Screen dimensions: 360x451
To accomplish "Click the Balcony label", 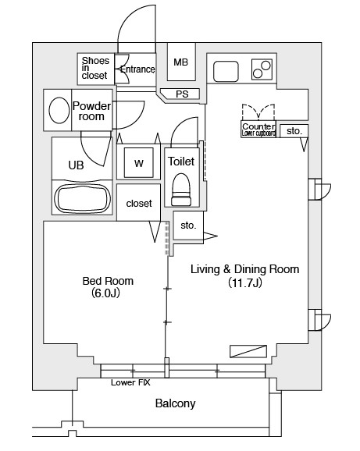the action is tap(175, 403).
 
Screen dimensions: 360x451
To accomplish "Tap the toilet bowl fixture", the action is tap(181, 190).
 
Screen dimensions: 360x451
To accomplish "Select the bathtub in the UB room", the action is tap(82, 198).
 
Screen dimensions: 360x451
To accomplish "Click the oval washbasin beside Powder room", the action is tap(59, 110).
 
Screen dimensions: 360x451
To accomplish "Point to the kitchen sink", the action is tap(226, 71).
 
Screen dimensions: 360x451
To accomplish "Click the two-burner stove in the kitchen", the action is tap(262, 69).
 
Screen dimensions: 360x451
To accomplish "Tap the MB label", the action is tap(180, 62).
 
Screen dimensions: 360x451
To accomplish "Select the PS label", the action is tap(182, 94).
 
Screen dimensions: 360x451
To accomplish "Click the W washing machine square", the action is tap(139, 163).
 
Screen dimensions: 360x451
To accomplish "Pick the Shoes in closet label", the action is tap(95, 68).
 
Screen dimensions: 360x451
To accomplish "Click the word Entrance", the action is tap(137, 69).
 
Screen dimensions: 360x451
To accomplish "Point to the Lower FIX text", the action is tap(130, 382).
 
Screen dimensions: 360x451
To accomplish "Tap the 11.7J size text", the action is tap(245, 282).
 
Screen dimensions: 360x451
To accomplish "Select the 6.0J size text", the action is tap(105, 293).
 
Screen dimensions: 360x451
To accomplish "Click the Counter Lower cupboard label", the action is tap(258, 130).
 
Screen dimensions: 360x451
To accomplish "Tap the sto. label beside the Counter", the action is tap(294, 131).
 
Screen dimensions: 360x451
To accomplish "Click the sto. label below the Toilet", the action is tap(188, 225).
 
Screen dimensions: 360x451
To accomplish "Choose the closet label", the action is tap(139, 204).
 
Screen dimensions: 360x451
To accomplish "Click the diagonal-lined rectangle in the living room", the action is tap(248, 351).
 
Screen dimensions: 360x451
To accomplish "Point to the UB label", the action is tap(76, 165).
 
